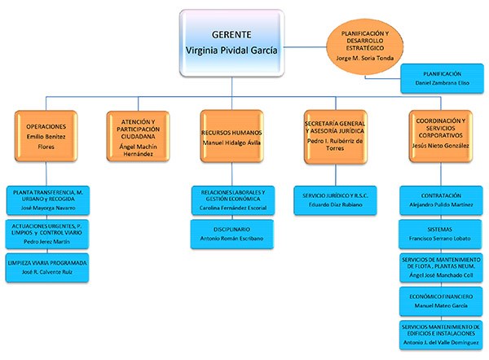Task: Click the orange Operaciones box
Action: pyautogui.click(x=46, y=134)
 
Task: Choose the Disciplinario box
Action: pyautogui.click(x=232, y=233)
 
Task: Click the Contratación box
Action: pyautogui.click(x=441, y=200)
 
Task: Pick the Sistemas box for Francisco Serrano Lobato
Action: pyautogui.click(x=441, y=234)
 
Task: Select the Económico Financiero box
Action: pyautogui.click(x=441, y=301)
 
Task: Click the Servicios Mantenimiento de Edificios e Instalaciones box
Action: pyautogui.click(x=441, y=333)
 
